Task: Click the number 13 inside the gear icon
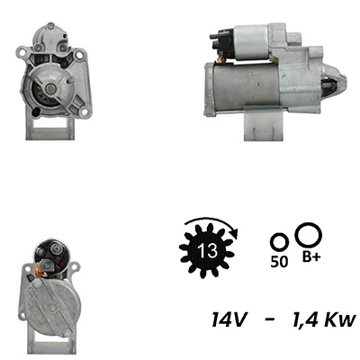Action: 207,250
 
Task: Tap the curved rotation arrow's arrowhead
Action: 235,234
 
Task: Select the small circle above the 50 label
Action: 280,241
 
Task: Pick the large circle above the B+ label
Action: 309,236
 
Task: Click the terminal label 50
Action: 279,262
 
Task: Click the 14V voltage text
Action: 229,319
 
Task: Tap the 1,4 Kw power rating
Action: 323,319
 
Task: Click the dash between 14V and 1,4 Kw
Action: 270,320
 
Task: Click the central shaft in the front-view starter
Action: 50,88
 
